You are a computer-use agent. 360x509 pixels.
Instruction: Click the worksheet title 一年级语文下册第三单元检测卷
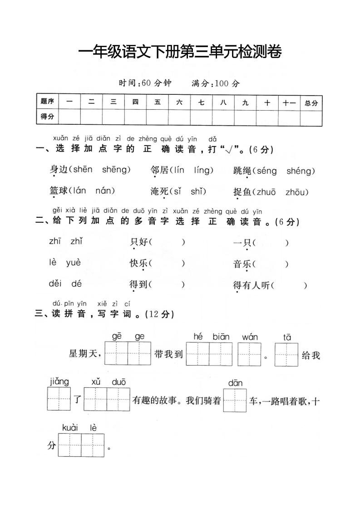(180, 52)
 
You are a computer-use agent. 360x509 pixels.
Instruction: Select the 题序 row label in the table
(47, 102)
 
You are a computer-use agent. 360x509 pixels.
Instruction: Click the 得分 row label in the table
(47, 117)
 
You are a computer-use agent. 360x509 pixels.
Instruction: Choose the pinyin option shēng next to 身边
(116, 170)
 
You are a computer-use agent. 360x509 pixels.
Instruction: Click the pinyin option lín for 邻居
(178, 170)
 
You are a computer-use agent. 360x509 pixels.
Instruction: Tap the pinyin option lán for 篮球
(80, 191)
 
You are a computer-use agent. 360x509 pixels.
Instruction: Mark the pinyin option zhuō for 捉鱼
(266, 192)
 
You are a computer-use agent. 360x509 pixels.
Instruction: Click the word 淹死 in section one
(159, 192)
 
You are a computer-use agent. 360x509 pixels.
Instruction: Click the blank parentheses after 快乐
(167, 263)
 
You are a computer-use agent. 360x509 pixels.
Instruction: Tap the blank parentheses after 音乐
(271, 264)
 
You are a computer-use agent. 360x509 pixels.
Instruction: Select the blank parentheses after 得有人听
(291, 285)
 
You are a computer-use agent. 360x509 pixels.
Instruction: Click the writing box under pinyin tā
(286, 354)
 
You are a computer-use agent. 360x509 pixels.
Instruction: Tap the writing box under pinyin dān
(235, 400)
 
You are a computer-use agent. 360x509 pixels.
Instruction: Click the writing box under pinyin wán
(249, 354)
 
